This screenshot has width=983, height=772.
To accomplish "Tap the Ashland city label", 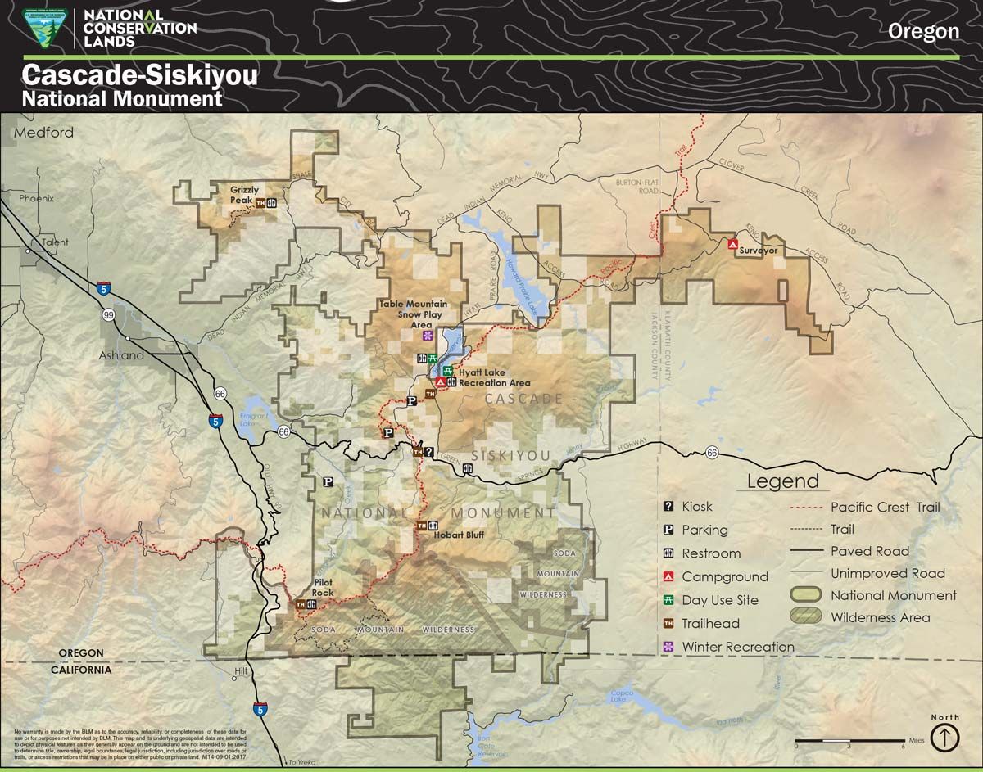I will pos(121,355).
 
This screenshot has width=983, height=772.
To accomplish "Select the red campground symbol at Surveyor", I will pos(734,243).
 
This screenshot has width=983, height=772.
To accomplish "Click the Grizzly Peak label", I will pos(244,195).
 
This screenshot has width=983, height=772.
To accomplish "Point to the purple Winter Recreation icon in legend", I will pos(668,647).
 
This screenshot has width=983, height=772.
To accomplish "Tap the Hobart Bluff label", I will pos(459,535).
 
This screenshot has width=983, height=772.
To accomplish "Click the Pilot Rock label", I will pos(323,587).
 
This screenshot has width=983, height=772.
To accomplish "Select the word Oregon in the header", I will pos(923,32).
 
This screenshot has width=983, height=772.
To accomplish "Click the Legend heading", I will pos(781,481).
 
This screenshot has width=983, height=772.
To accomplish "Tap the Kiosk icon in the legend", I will pos(668,507).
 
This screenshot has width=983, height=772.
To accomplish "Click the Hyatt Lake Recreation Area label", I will pos(494,377).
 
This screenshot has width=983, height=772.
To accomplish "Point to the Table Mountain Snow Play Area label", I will pos(413,314).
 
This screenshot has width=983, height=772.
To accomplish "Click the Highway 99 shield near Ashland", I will pos(108,314).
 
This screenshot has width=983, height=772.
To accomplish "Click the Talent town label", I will pos(56,242).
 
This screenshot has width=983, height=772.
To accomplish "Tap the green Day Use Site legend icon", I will pos(668,600).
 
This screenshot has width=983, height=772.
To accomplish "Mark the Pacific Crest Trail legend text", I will pos(885,507).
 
